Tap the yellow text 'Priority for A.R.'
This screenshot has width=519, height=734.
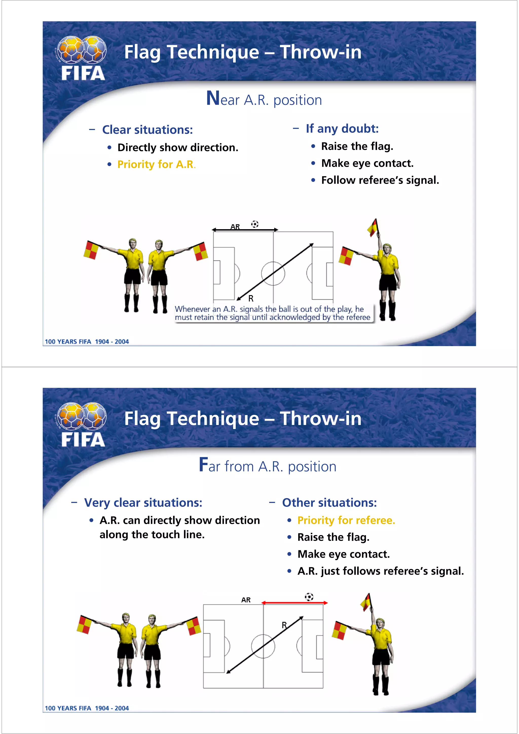(x=156, y=164)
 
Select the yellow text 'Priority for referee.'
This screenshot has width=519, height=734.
(x=346, y=520)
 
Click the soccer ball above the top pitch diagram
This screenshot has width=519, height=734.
(x=254, y=224)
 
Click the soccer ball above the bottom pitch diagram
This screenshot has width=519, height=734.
(x=309, y=597)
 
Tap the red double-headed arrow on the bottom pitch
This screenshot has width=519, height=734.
(x=294, y=603)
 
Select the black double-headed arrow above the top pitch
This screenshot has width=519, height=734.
(x=245, y=229)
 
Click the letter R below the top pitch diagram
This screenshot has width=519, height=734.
(x=251, y=299)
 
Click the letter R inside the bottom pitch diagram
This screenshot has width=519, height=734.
(x=284, y=625)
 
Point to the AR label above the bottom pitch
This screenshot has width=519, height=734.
(x=246, y=600)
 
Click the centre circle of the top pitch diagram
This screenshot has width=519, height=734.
(x=273, y=273)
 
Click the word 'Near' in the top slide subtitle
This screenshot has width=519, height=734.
(x=223, y=99)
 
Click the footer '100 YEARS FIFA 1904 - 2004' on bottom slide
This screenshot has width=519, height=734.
(x=87, y=708)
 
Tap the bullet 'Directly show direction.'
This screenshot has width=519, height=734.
(x=178, y=147)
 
